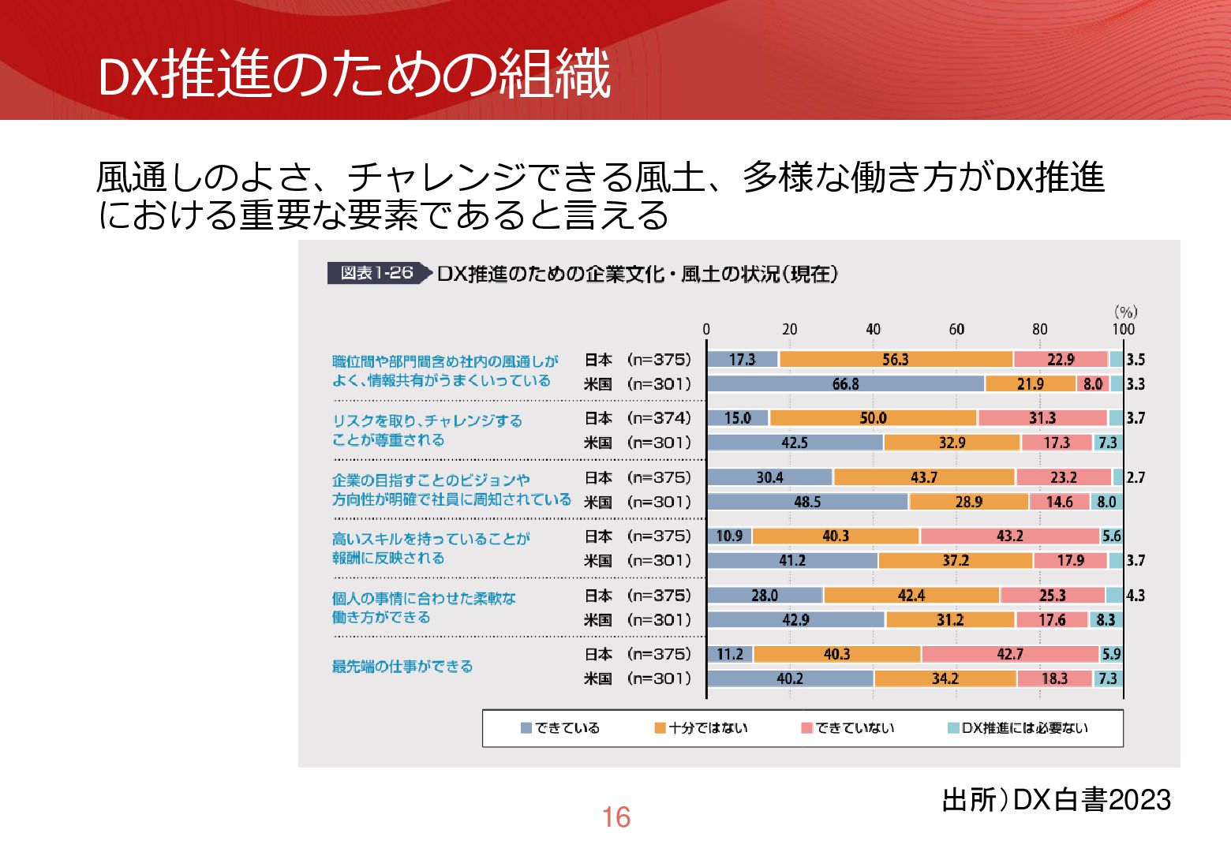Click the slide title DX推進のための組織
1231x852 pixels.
(x=354, y=75)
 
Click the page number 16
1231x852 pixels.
(x=615, y=817)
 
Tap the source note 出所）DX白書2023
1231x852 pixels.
(x=1056, y=800)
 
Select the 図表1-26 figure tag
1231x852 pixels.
(x=376, y=273)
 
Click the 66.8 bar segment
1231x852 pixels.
(x=845, y=384)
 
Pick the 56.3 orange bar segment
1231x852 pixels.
(x=895, y=360)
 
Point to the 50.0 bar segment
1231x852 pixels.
(x=873, y=418)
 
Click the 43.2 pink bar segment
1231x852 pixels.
(x=1009, y=536)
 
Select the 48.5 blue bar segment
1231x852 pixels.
(x=807, y=502)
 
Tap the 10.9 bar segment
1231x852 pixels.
(x=729, y=536)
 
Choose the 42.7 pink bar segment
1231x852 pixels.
(x=1009, y=654)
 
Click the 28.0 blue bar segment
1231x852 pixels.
(x=764, y=596)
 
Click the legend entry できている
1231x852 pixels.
(x=560, y=728)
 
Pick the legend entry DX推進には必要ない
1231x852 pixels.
(x=1017, y=728)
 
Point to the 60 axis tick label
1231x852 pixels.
(x=956, y=329)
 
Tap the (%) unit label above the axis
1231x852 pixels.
(x=1125, y=312)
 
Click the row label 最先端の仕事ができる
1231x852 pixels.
(x=402, y=667)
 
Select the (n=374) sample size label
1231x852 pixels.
(x=659, y=418)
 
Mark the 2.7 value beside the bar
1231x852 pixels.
(x=1136, y=477)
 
